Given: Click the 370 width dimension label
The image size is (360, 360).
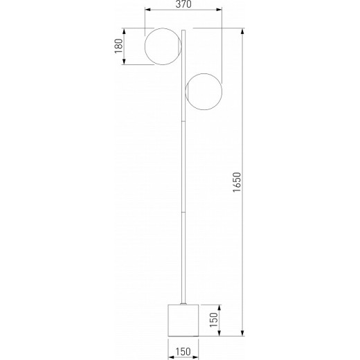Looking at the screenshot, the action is [183, 4].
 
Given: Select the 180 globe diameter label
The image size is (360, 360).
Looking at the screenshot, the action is [119, 46].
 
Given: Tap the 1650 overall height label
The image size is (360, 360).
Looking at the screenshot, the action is [237, 182].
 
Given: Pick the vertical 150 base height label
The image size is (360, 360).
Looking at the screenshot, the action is [214, 320].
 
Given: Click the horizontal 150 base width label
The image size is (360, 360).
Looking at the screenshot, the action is [183, 352].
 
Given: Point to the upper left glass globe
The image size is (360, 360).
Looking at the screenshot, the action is [163, 46].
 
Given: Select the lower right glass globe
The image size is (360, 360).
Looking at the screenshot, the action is [204, 91].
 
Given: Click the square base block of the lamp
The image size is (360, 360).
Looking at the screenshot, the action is [183, 321].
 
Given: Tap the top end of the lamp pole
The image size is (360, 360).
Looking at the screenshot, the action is [183, 30].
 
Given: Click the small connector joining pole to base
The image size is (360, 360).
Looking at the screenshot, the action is [183, 303].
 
